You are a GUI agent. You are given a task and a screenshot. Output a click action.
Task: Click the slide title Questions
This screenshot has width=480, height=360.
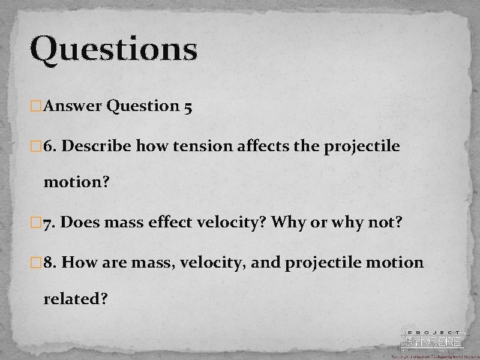(x=113, y=49)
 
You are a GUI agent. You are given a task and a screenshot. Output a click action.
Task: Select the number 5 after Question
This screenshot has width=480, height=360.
(x=188, y=107)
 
